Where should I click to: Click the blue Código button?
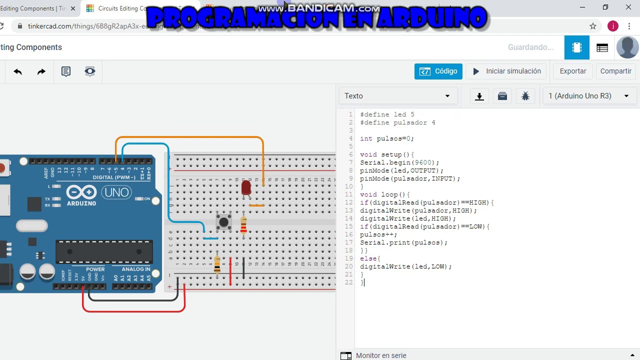(x=438, y=71)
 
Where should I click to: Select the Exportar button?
(x=572, y=71)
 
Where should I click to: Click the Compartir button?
(x=615, y=71)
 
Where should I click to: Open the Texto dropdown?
(x=397, y=96)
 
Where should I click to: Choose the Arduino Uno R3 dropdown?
(x=589, y=96)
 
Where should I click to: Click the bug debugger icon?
(x=525, y=96)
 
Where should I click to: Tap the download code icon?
(x=479, y=96)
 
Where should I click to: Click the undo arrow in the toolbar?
(x=18, y=71)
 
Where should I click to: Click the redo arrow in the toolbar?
(x=41, y=71)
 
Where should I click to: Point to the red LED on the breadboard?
(x=246, y=187)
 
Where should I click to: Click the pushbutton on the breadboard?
(x=223, y=221)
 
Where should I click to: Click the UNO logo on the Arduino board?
(x=116, y=192)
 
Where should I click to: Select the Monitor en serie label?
(x=381, y=355)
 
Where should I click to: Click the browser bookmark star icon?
(x=593, y=26)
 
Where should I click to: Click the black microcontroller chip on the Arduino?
(x=104, y=251)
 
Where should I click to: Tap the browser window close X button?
(x=628, y=7)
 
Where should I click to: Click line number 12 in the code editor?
(x=349, y=202)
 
